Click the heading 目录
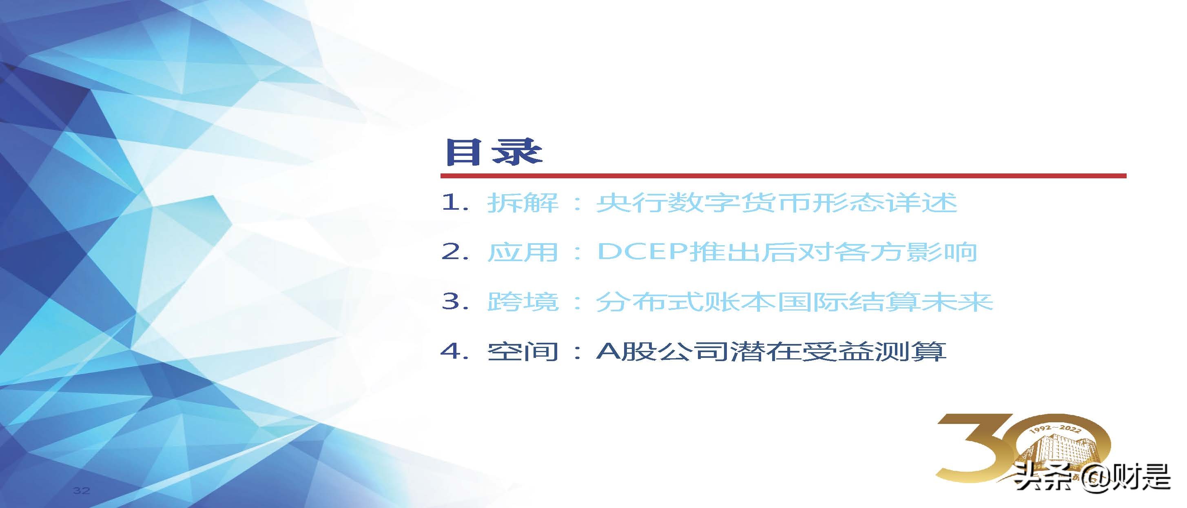[493, 152]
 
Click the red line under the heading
[783, 175]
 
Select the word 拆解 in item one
[523, 203]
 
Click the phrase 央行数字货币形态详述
[776, 203]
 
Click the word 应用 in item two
[523, 252]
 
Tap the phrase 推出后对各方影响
[832, 252]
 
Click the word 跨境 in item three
[523, 302]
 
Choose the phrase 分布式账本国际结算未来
[793, 302]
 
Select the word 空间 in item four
[523, 351]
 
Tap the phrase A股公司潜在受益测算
[771, 351]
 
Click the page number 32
[81, 490]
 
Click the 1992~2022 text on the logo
[1055, 429]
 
